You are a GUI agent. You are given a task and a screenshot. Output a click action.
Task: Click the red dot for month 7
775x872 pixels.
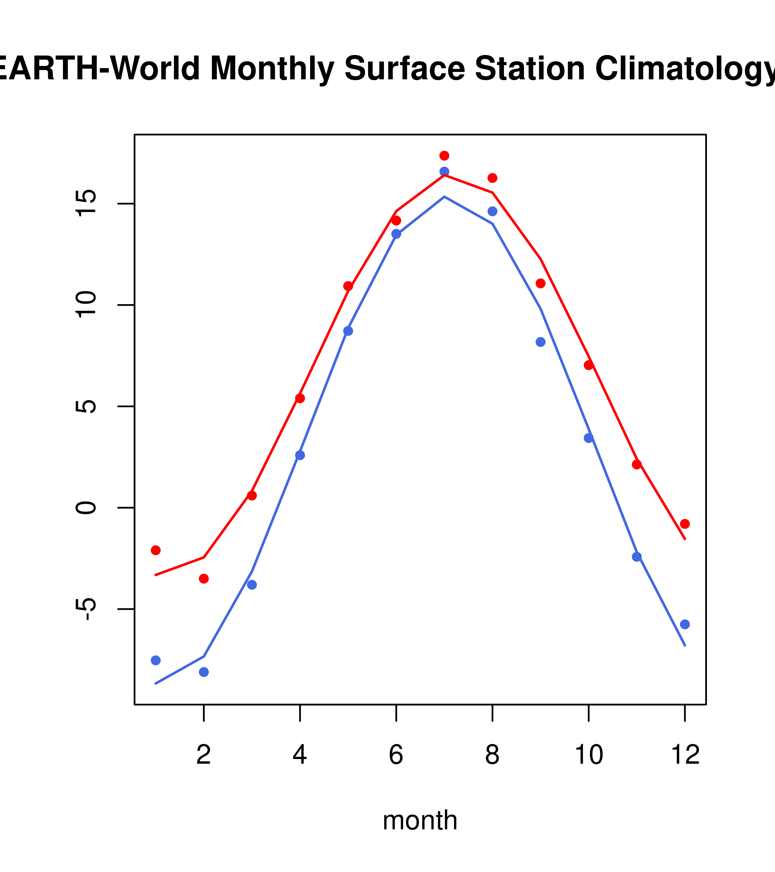(x=444, y=156)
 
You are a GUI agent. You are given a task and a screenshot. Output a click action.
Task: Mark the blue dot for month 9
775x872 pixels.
(x=540, y=342)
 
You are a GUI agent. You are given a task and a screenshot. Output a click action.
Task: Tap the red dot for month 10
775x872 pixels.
(x=588, y=365)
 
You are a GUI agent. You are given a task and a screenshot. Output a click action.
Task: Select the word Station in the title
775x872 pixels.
(x=529, y=68)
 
